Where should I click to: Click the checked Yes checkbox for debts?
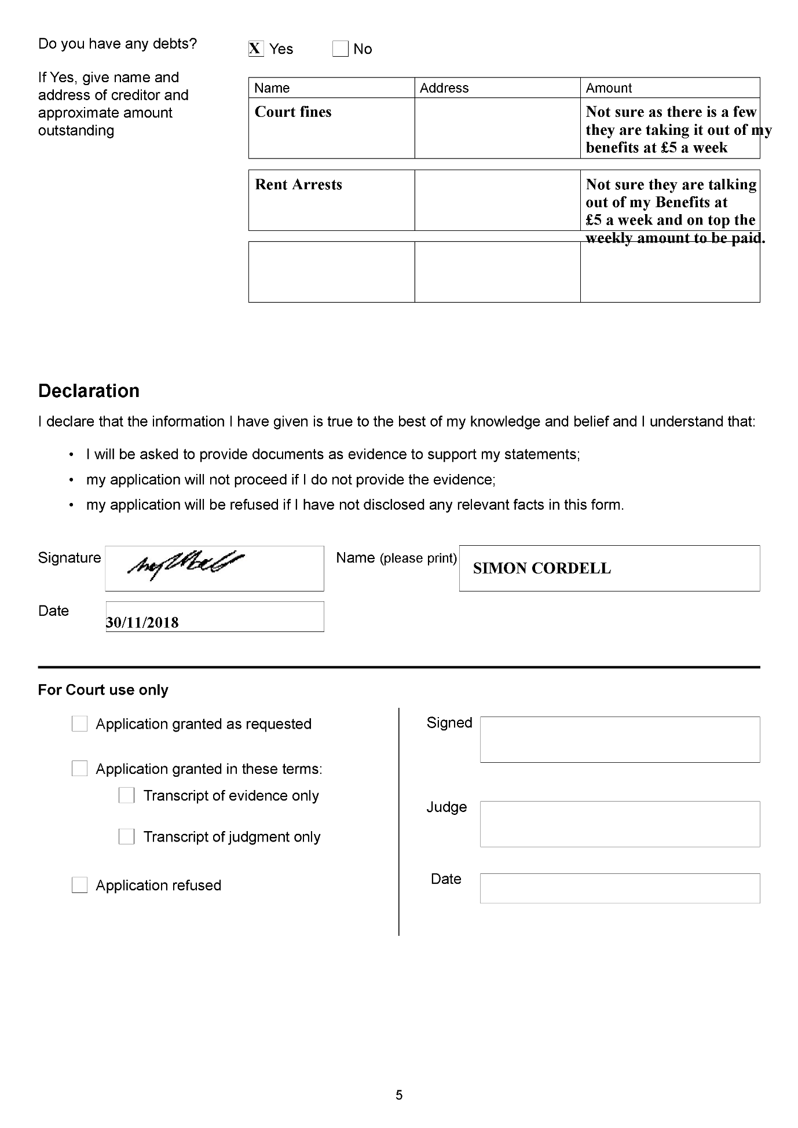(x=256, y=49)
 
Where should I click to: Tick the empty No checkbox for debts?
(x=341, y=49)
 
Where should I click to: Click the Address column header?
(x=444, y=88)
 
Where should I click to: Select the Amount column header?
(x=609, y=88)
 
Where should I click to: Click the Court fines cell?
(x=293, y=112)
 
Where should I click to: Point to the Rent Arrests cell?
(x=298, y=185)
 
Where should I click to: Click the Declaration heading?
(x=89, y=391)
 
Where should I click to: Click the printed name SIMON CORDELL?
(x=541, y=568)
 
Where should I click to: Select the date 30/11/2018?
(x=142, y=623)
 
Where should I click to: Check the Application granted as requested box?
(x=79, y=724)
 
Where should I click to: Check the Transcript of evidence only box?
(x=126, y=796)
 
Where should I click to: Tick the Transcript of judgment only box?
(x=126, y=837)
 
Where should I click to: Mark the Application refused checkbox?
(x=79, y=886)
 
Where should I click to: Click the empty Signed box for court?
(x=620, y=740)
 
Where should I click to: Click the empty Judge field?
(x=620, y=824)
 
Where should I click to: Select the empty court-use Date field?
(x=620, y=888)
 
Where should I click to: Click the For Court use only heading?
(x=103, y=690)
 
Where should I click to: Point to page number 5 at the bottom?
(x=399, y=1095)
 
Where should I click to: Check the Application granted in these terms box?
(x=79, y=769)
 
